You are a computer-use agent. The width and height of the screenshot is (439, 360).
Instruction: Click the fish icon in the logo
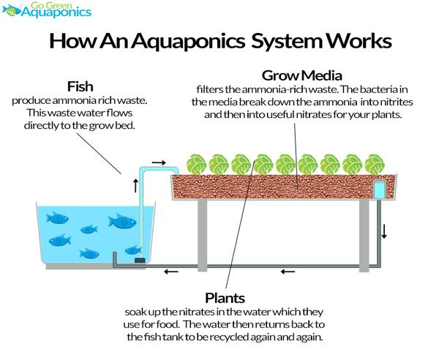pyautogui.click(x=11, y=10)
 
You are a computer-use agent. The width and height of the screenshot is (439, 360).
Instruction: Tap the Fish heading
pyautogui.click(x=80, y=86)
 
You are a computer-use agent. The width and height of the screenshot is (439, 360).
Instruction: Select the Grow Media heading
pyautogui.click(x=301, y=75)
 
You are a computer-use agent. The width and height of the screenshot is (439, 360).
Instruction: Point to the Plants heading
pyautogui.click(x=225, y=298)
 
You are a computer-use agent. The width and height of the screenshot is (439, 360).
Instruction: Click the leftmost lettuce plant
pyautogui.click(x=196, y=165)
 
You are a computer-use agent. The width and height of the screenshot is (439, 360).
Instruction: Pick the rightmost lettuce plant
pyautogui.click(x=375, y=165)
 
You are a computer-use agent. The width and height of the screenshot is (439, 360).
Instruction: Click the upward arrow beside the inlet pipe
pyautogui.click(x=136, y=186)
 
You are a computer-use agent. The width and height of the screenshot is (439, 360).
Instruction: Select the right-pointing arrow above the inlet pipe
pyautogui.click(x=159, y=162)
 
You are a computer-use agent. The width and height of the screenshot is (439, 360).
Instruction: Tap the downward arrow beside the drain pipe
pyautogui.click(x=384, y=231)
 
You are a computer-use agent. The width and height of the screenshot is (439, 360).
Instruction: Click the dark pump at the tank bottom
pyautogui.click(x=140, y=260)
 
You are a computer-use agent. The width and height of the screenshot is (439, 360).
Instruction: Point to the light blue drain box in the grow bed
pyautogui.click(x=380, y=190)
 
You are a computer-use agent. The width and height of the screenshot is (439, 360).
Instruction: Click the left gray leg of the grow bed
pyautogui.click(x=202, y=235)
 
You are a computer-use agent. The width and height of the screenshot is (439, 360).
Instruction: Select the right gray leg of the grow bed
pyautogui.click(x=364, y=236)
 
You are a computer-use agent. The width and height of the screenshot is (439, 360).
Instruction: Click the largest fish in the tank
pyautogui.click(x=122, y=222)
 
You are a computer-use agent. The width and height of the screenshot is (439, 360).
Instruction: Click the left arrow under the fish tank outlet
pyautogui.click(x=171, y=271)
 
